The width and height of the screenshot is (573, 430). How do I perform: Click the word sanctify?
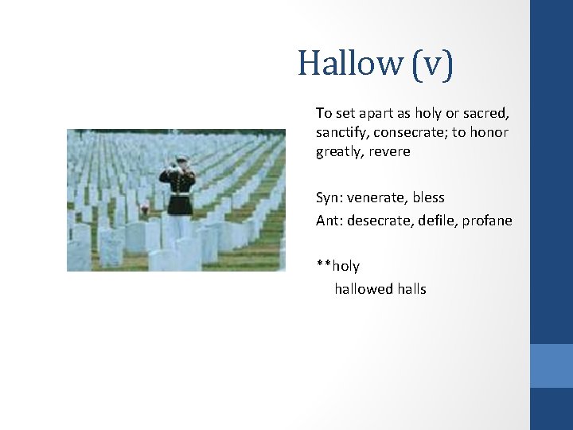point(342,132)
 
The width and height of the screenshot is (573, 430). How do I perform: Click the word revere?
point(389,151)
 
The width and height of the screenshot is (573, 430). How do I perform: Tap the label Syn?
point(329,197)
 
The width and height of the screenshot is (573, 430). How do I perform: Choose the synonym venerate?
point(376,197)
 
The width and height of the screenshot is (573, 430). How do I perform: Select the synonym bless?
point(428,197)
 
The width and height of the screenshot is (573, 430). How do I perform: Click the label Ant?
point(328,220)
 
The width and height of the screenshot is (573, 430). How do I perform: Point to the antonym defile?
point(433,220)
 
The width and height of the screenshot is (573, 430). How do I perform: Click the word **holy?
point(338,266)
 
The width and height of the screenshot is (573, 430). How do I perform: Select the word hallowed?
point(364,289)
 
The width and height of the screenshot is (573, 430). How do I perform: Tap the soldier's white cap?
point(181,158)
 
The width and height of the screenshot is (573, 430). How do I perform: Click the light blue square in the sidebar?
point(551,365)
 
